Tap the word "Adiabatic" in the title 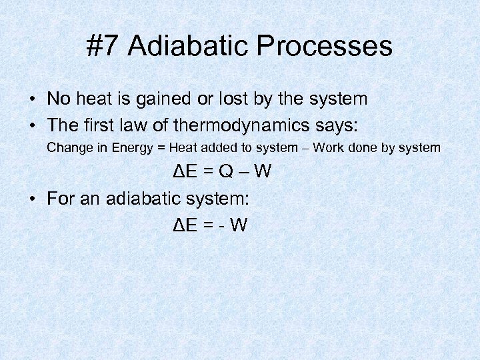pyautogui.click(x=190, y=46)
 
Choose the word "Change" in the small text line pyautogui.click(x=67, y=147)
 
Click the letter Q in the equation pyautogui.click(x=227, y=172)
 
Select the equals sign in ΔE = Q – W pyautogui.click(x=209, y=172)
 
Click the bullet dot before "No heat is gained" pyautogui.click(x=32, y=100)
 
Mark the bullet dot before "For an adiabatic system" pyautogui.click(x=32, y=199)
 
